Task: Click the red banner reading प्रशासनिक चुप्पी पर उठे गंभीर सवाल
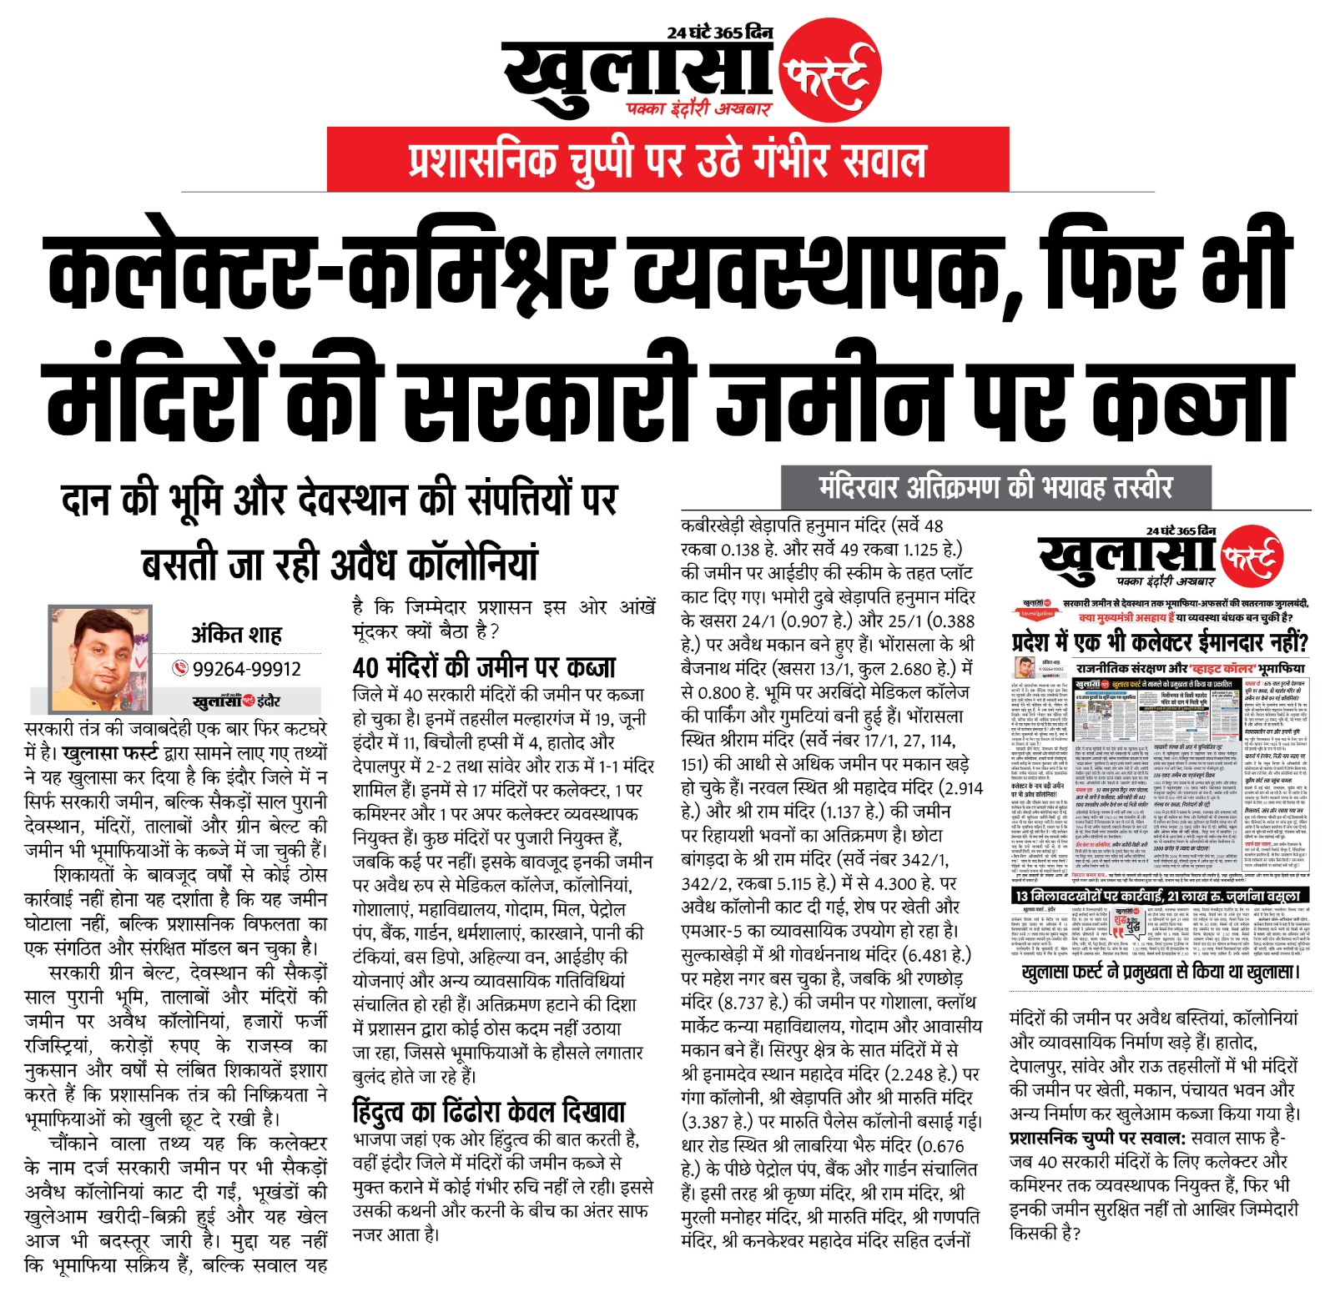point(667,160)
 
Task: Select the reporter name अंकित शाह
point(236,635)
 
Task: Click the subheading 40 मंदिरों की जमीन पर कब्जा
point(484,667)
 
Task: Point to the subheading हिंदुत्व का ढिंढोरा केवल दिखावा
point(489,1112)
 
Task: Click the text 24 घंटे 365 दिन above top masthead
point(719,33)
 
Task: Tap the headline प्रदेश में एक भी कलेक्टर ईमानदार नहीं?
point(1159,643)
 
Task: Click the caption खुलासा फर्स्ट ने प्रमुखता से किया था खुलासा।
point(1160,972)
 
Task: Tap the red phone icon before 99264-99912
point(180,668)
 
